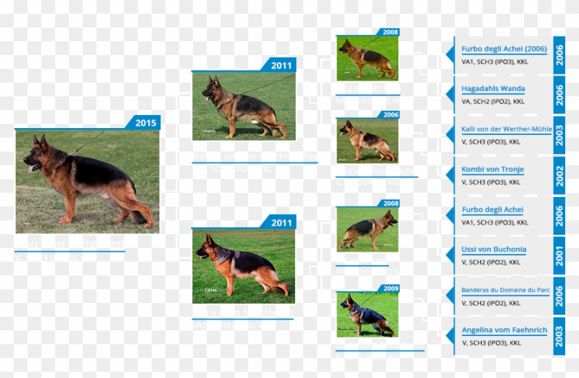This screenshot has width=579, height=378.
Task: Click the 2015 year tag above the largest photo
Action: coord(145,123)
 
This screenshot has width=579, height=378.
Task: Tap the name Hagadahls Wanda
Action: coord(493,89)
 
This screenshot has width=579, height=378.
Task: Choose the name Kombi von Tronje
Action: coord(492,169)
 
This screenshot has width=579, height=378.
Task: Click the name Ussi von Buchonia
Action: coord(494,250)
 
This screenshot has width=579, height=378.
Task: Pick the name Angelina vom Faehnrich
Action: coord(504,330)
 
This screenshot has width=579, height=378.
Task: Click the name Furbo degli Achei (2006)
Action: coord(504,49)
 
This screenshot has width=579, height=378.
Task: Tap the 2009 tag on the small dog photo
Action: coord(391,288)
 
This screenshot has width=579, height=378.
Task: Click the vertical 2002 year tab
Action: coord(560,176)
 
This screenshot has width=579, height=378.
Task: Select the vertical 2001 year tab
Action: coord(560,256)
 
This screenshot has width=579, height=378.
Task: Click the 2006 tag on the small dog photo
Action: coord(391,115)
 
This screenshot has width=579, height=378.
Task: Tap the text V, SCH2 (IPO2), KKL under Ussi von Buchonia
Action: coord(491,262)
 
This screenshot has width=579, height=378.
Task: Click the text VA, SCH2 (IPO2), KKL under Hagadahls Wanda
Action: coord(493,101)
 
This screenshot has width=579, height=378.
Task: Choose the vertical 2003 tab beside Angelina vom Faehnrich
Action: coord(560,336)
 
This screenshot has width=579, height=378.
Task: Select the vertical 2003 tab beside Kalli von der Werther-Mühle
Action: coord(560,136)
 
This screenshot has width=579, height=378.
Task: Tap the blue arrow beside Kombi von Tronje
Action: coord(449,175)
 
